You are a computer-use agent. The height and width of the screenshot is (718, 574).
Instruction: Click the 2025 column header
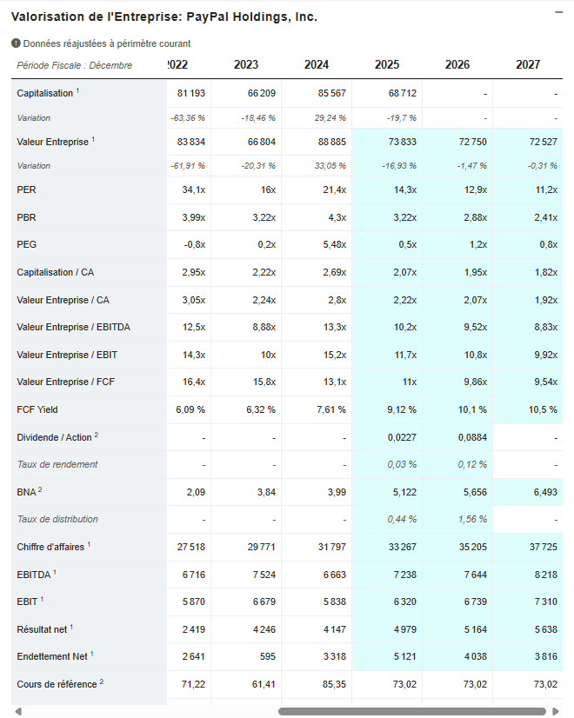coord(387,64)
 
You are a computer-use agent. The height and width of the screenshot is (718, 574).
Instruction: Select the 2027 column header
coord(528,64)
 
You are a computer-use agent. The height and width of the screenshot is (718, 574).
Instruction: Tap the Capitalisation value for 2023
coord(261,93)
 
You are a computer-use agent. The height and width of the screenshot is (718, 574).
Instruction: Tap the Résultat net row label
coord(42,628)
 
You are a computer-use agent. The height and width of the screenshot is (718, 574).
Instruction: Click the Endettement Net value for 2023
coord(268,656)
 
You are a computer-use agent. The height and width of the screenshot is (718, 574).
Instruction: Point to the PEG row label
coord(27,244)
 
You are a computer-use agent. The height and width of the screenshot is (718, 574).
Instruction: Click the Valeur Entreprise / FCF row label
coord(66,382)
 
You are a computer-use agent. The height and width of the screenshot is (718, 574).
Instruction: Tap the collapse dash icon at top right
coord(558,12)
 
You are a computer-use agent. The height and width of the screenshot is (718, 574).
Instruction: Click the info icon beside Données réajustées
coord(16,43)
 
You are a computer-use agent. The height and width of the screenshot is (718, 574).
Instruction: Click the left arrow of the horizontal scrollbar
coord(17,711)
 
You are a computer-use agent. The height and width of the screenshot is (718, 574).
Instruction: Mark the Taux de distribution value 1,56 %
coord(472,520)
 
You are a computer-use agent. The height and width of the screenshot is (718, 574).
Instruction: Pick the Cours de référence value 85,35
coord(332,684)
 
